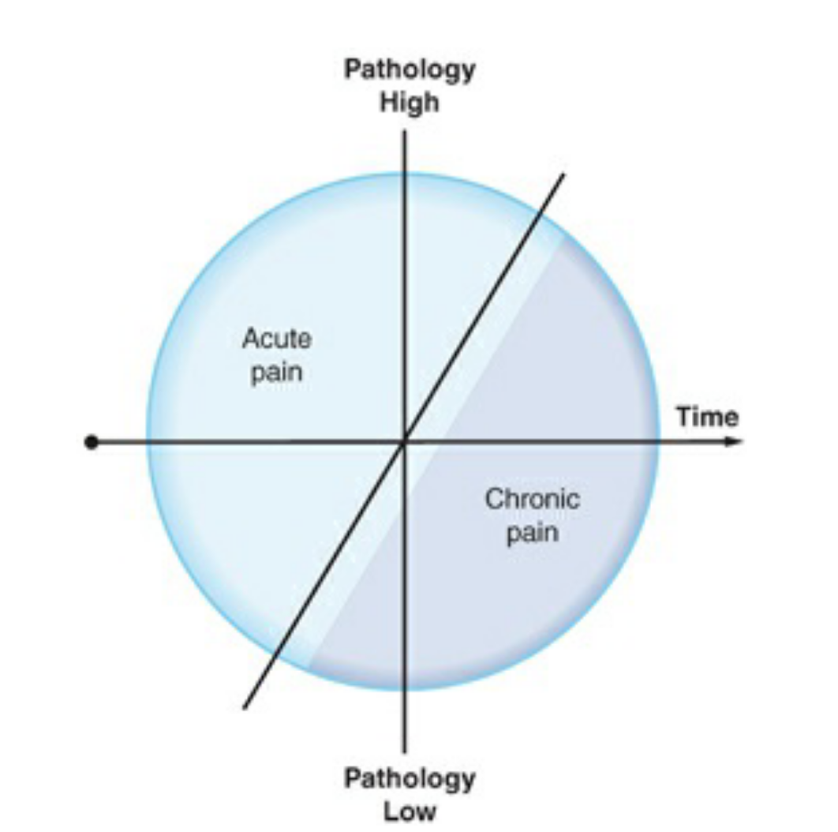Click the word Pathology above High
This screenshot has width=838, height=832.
pos(410,69)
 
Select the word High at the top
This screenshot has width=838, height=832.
pos(410,103)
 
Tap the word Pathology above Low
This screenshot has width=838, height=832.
pos(410,778)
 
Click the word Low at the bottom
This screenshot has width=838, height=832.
pos(410,811)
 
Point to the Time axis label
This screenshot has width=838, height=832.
pos(707,416)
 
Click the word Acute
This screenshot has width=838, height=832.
pos(276,339)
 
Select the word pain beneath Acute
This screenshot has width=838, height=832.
pos(276,371)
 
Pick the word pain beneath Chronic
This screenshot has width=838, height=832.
pos(532,533)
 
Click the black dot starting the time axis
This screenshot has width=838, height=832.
pos(92,442)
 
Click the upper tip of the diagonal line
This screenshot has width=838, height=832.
pos(564,174)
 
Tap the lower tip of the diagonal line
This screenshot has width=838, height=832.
pos(245,707)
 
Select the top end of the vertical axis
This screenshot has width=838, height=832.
pos(405,131)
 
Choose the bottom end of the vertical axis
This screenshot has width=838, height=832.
pos(405,751)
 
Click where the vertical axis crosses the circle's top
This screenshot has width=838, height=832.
pos(405,173)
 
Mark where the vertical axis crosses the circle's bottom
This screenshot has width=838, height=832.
pos(405,689)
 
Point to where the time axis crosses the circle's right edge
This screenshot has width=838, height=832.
pos(659,442)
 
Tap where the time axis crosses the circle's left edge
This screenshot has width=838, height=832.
pos(148,442)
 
